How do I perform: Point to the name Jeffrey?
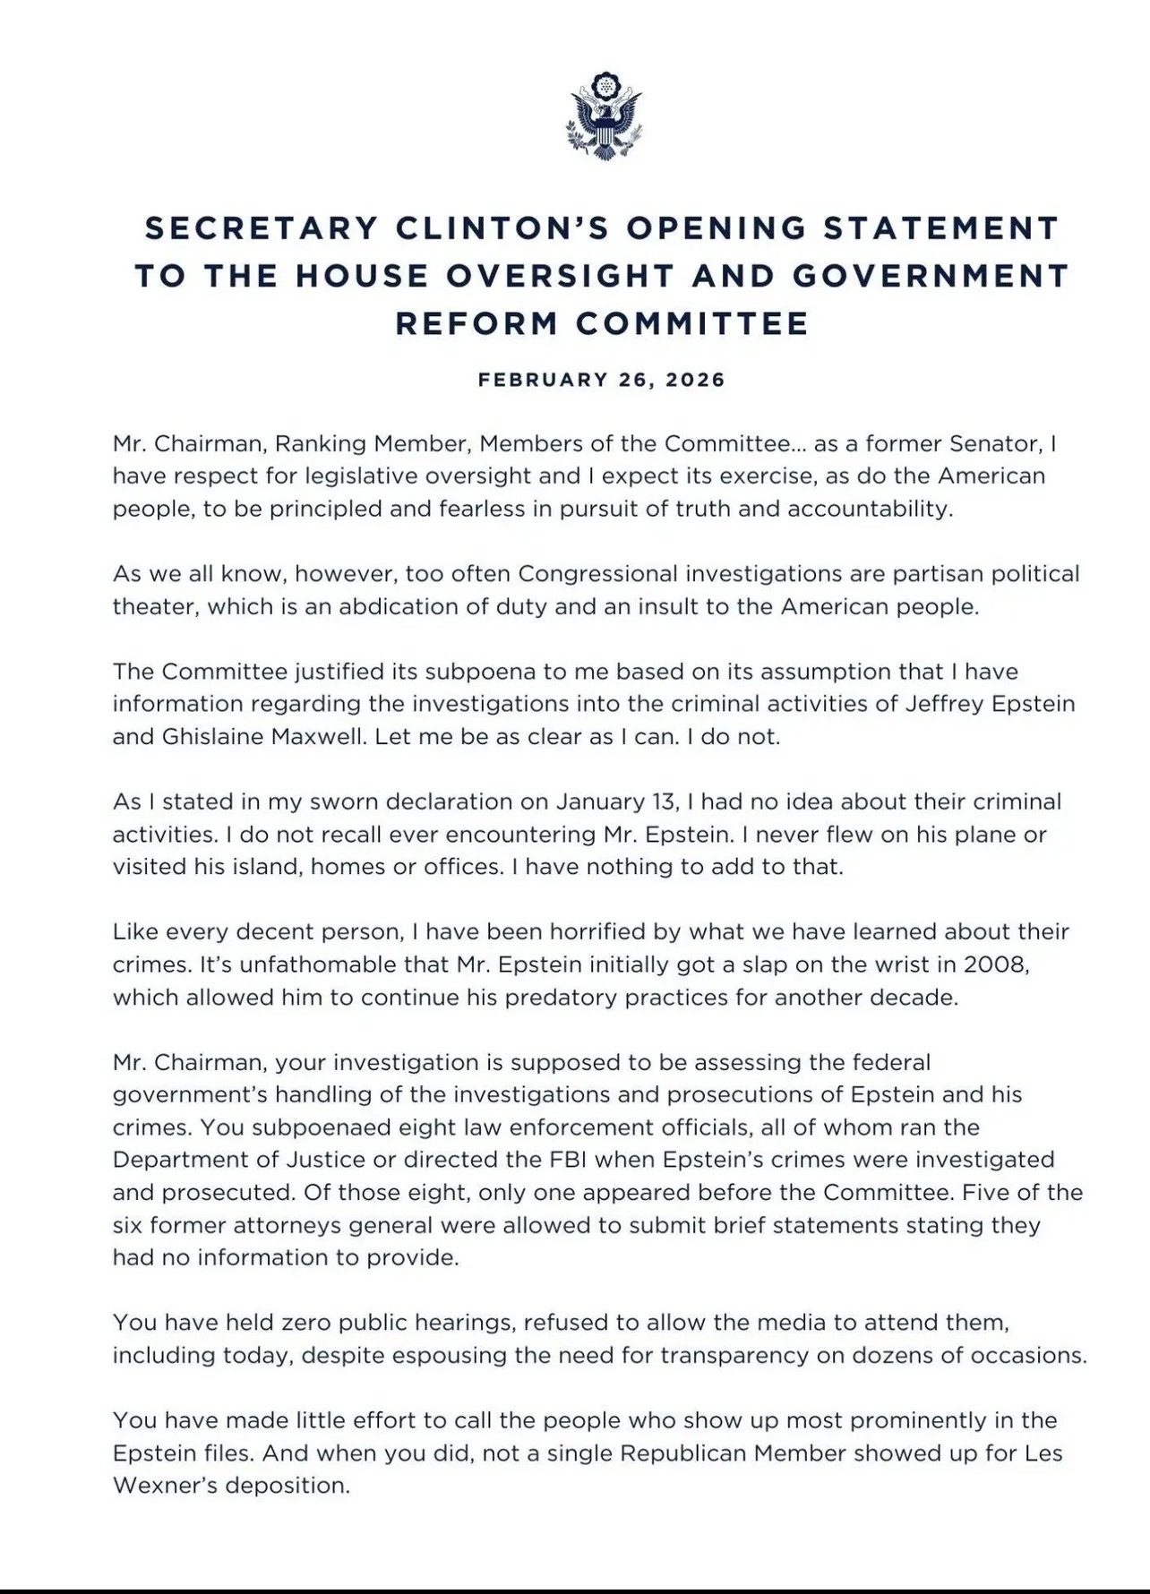(931, 704)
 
